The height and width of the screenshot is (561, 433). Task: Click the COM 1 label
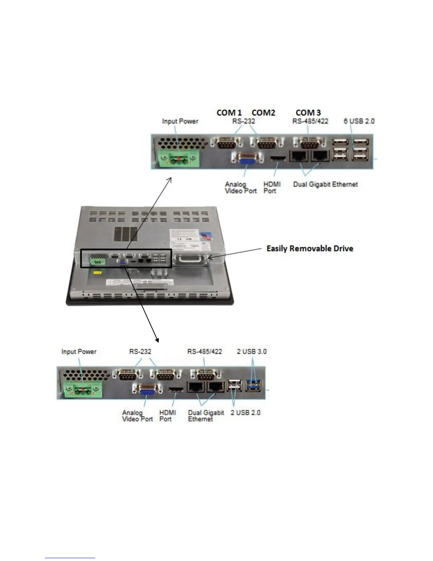tap(229, 113)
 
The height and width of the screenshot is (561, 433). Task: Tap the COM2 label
tap(263, 113)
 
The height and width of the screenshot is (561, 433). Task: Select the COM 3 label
tap(308, 113)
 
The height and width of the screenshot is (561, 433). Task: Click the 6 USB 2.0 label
tap(359, 121)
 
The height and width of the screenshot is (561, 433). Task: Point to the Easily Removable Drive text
tap(310, 249)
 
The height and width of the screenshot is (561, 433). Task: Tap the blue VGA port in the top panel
tap(247, 160)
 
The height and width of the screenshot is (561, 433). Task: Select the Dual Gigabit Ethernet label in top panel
tap(325, 185)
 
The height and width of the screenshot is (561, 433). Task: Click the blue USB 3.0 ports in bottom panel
tap(253, 385)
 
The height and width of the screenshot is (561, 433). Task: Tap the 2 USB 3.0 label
tap(252, 352)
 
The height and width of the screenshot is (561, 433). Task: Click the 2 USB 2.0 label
tap(245, 413)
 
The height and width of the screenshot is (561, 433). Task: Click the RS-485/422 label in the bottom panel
tap(204, 352)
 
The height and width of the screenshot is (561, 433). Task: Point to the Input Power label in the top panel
tap(180, 121)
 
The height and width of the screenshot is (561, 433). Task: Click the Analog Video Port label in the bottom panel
tap(137, 416)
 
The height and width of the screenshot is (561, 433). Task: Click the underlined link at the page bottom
tap(70, 558)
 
